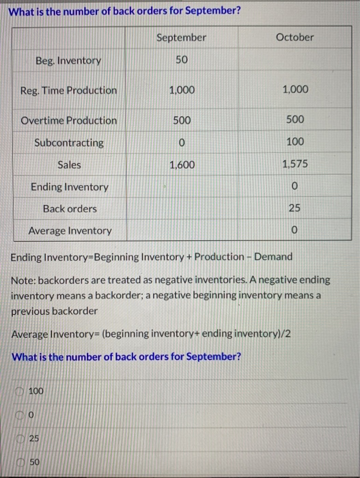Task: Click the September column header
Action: click(180, 38)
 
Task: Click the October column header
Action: click(294, 38)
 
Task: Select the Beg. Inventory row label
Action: click(68, 61)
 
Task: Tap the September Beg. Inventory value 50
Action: click(180, 60)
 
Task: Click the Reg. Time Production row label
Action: click(68, 90)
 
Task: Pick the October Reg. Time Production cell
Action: click(294, 89)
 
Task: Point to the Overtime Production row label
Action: click(68, 120)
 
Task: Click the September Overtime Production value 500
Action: click(181, 120)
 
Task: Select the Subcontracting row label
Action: click(69, 143)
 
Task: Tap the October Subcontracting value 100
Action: click(294, 142)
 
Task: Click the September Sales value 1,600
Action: click(181, 165)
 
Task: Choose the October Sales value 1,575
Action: click(294, 165)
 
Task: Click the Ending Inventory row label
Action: click(69, 186)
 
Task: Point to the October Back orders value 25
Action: click(294, 208)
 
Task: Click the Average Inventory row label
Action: click(70, 231)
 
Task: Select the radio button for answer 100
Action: click(20, 391)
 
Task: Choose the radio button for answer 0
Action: click(20, 412)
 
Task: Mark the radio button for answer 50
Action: click(20, 462)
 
